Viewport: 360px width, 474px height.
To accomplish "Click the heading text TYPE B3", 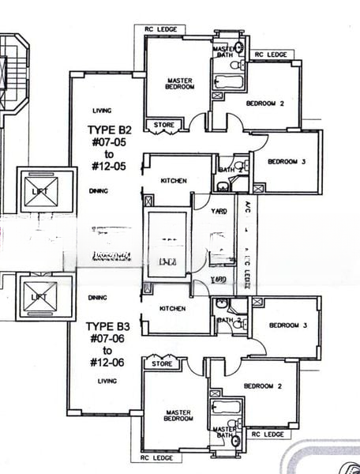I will [108, 325].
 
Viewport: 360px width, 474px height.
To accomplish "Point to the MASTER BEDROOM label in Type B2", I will [179, 83].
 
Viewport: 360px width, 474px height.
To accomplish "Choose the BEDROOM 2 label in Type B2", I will [264, 103].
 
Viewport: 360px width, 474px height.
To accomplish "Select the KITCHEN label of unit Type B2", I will [174, 181].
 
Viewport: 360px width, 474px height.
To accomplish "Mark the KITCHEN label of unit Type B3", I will [172, 309].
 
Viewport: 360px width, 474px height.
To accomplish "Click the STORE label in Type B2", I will [164, 124].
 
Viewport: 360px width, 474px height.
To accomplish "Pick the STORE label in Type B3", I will [162, 364].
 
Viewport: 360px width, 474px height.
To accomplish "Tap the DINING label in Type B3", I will [98, 298].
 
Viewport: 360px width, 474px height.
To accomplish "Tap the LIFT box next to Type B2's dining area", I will [47, 191].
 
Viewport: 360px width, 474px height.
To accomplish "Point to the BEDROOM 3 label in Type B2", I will [285, 162].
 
